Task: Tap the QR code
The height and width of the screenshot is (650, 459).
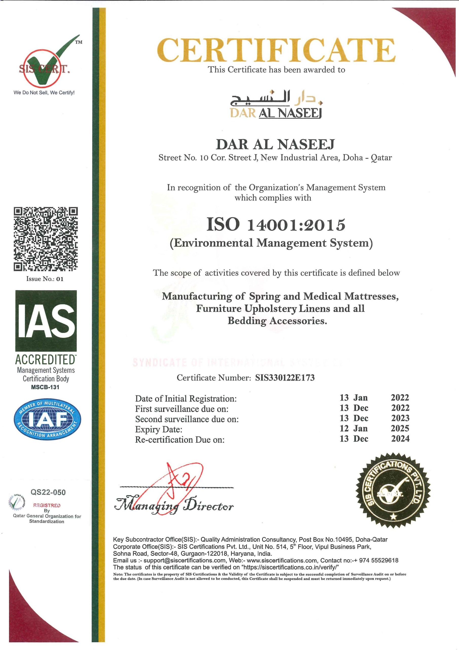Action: coord(46,239)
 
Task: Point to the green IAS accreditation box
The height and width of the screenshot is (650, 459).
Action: coord(46,320)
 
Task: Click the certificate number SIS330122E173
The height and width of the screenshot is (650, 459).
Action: coord(285,378)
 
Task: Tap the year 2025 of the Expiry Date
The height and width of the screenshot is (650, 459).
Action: coord(400,428)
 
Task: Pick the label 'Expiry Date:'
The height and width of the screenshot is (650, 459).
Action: coord(159,429)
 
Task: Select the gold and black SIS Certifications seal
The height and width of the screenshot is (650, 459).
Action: coord(393,490)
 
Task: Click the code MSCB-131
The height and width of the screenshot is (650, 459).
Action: coord(45,387)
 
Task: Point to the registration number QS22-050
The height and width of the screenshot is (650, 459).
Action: coord(48,492)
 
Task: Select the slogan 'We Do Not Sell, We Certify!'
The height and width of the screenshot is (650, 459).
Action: coord(44,93)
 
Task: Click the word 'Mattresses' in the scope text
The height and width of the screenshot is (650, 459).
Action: coord(371,296)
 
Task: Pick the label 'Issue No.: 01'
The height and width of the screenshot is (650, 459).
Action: coord(45,279)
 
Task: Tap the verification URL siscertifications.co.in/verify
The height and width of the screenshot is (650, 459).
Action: coord(290,567)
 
